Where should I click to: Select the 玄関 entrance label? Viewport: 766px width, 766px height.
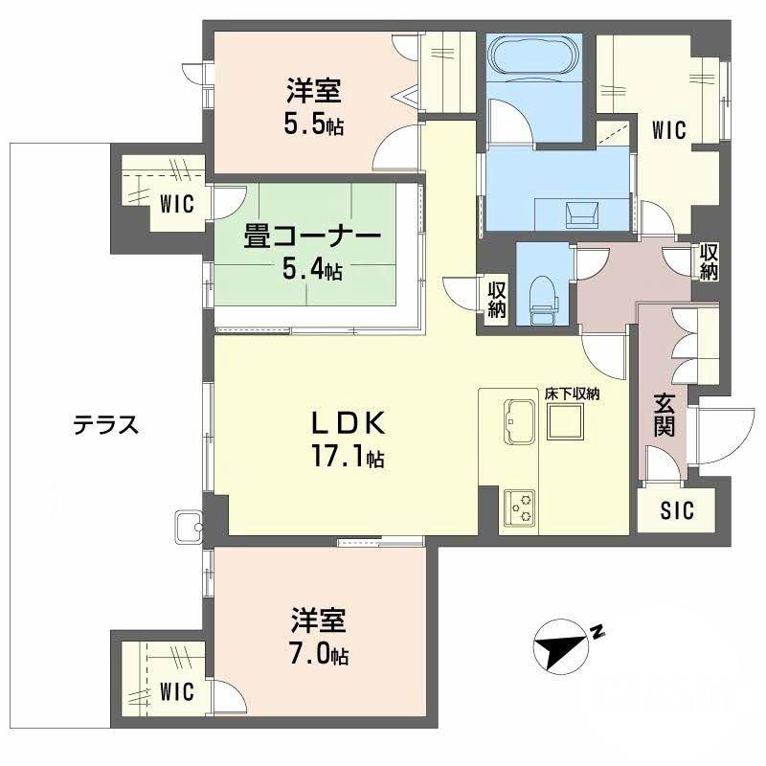[665, 415]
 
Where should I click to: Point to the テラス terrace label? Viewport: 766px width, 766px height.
[107, 425]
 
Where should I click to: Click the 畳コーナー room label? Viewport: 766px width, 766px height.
[312, 237]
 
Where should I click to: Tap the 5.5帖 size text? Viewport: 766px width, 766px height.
[313, 124]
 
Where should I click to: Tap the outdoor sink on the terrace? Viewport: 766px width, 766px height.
[188, 525]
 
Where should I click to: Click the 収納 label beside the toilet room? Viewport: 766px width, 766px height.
[497, 299]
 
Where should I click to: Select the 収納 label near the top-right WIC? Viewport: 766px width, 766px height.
[708, 261]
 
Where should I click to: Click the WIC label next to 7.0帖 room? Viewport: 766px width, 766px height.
[176, 690]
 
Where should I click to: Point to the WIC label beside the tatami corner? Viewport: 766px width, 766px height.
[176, 204]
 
